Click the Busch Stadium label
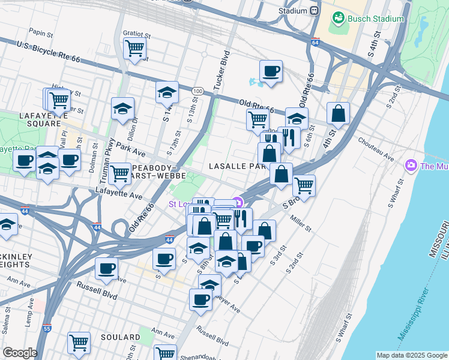pyautogui.click(x=376, y=19)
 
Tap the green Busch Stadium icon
pyautogui.click(x=339, y=19)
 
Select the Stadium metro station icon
pyautogui.click(x=314, y=11)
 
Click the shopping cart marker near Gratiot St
pyautogui.click(x=134, y=48)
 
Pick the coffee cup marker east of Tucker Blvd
pyautogui.click(x=271, y=71)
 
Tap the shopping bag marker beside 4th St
pyautogui.click(x=339, y=113)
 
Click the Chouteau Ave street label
pyautogui.click(x=375, y=149)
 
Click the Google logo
pyautogui.click(x=19, y=353)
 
